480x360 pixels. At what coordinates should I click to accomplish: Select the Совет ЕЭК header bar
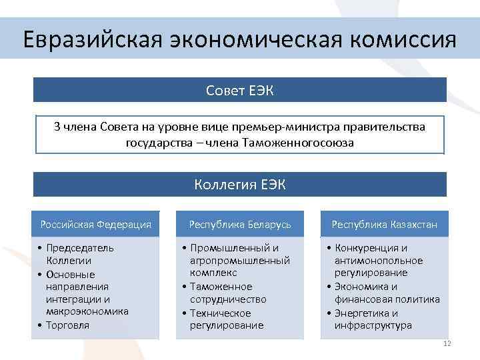239,90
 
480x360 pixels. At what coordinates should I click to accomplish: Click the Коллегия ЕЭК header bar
239,185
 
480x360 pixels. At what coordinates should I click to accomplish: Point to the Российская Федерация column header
96,224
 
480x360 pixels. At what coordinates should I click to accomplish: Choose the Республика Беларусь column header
240,224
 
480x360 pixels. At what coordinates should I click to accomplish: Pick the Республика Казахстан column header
384,224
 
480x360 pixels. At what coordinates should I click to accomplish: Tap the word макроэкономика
87,311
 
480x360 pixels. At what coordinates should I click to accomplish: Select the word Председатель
80,248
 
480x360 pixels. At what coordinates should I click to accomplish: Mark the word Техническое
222,313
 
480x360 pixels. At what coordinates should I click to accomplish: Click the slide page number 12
447,343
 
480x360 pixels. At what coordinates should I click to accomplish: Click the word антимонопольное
379,261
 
